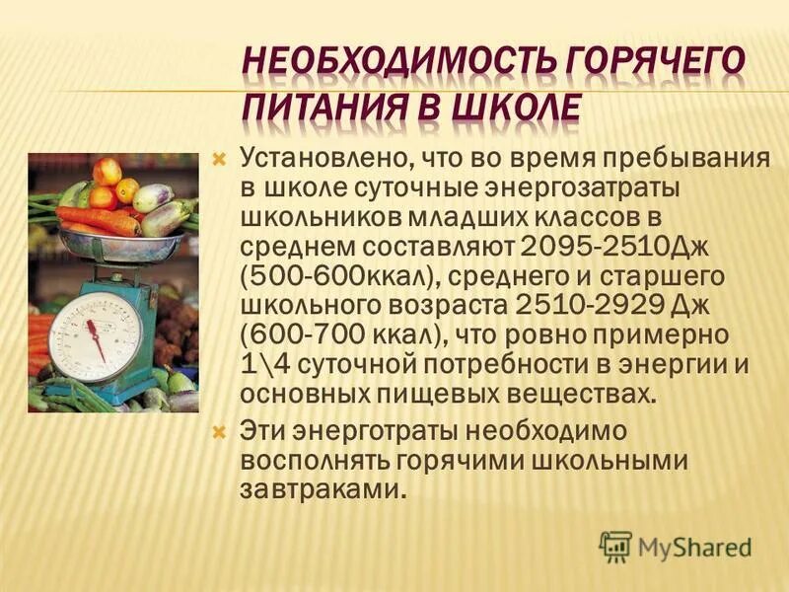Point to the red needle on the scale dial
click(95, 338)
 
